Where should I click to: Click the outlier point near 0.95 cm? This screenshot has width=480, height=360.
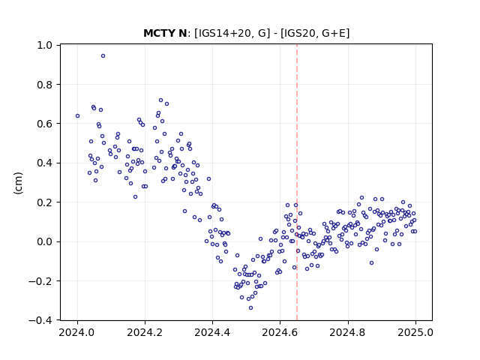103,56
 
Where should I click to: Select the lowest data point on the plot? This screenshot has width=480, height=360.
250,308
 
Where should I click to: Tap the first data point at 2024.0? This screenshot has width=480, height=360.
77,116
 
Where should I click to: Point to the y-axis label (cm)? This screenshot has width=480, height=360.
18,183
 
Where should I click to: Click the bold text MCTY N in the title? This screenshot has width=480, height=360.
165,33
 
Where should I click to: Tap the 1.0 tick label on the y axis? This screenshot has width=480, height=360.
45,45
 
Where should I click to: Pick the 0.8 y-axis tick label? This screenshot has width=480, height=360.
45,85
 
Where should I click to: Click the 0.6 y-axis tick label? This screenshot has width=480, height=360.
45,124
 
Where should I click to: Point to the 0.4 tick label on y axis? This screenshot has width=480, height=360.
45,163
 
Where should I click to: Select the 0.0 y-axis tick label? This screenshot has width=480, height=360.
45,241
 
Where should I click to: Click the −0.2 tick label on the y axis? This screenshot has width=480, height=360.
40,281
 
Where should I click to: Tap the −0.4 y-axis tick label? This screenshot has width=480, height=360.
40,320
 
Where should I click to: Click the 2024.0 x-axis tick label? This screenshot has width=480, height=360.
77,332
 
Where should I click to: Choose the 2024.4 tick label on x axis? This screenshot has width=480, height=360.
212,332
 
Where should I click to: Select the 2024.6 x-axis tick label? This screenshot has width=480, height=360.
280,332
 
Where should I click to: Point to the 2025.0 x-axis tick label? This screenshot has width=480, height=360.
415,332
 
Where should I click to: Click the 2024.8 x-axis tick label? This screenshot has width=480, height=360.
347,332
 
